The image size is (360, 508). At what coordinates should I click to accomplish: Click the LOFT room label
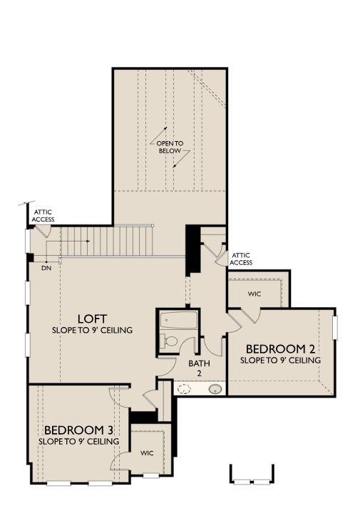coord(93,318)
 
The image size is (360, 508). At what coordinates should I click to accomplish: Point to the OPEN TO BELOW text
coord(170,147)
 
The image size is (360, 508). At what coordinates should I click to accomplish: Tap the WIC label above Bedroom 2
coord(254,293)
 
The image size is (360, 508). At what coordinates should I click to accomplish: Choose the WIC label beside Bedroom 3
coord(147,452)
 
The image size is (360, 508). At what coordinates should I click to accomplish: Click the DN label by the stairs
coord(46,268)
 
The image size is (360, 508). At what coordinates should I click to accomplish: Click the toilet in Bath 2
coord(168,341)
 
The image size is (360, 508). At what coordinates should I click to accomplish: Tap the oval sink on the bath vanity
coord(215,389)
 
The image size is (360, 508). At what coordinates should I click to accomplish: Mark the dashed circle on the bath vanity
coord(184,389)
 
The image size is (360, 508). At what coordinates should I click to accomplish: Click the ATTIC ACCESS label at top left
coord(42,215)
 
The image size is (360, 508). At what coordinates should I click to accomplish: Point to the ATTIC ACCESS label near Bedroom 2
coord(240,259)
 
